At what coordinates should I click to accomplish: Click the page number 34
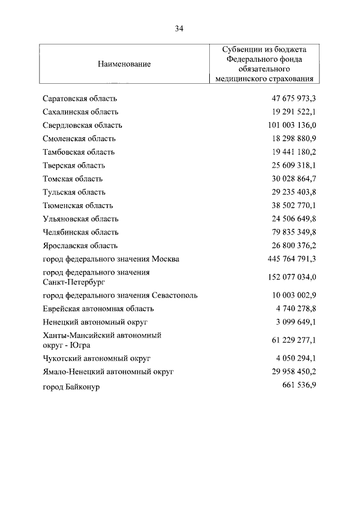[x=179, y=28]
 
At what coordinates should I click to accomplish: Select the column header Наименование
[x=124, y=64]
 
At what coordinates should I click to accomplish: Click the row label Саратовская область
[x=80, y=98]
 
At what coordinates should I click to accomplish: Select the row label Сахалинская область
[x=80, y=112]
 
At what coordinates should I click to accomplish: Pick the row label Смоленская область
[x=79, y=138]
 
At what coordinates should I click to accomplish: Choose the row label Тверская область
[x=74, y=165]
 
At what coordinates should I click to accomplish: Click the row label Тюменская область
[x=78, y=205]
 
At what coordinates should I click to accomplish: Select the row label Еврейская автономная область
[x=98, y=308]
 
